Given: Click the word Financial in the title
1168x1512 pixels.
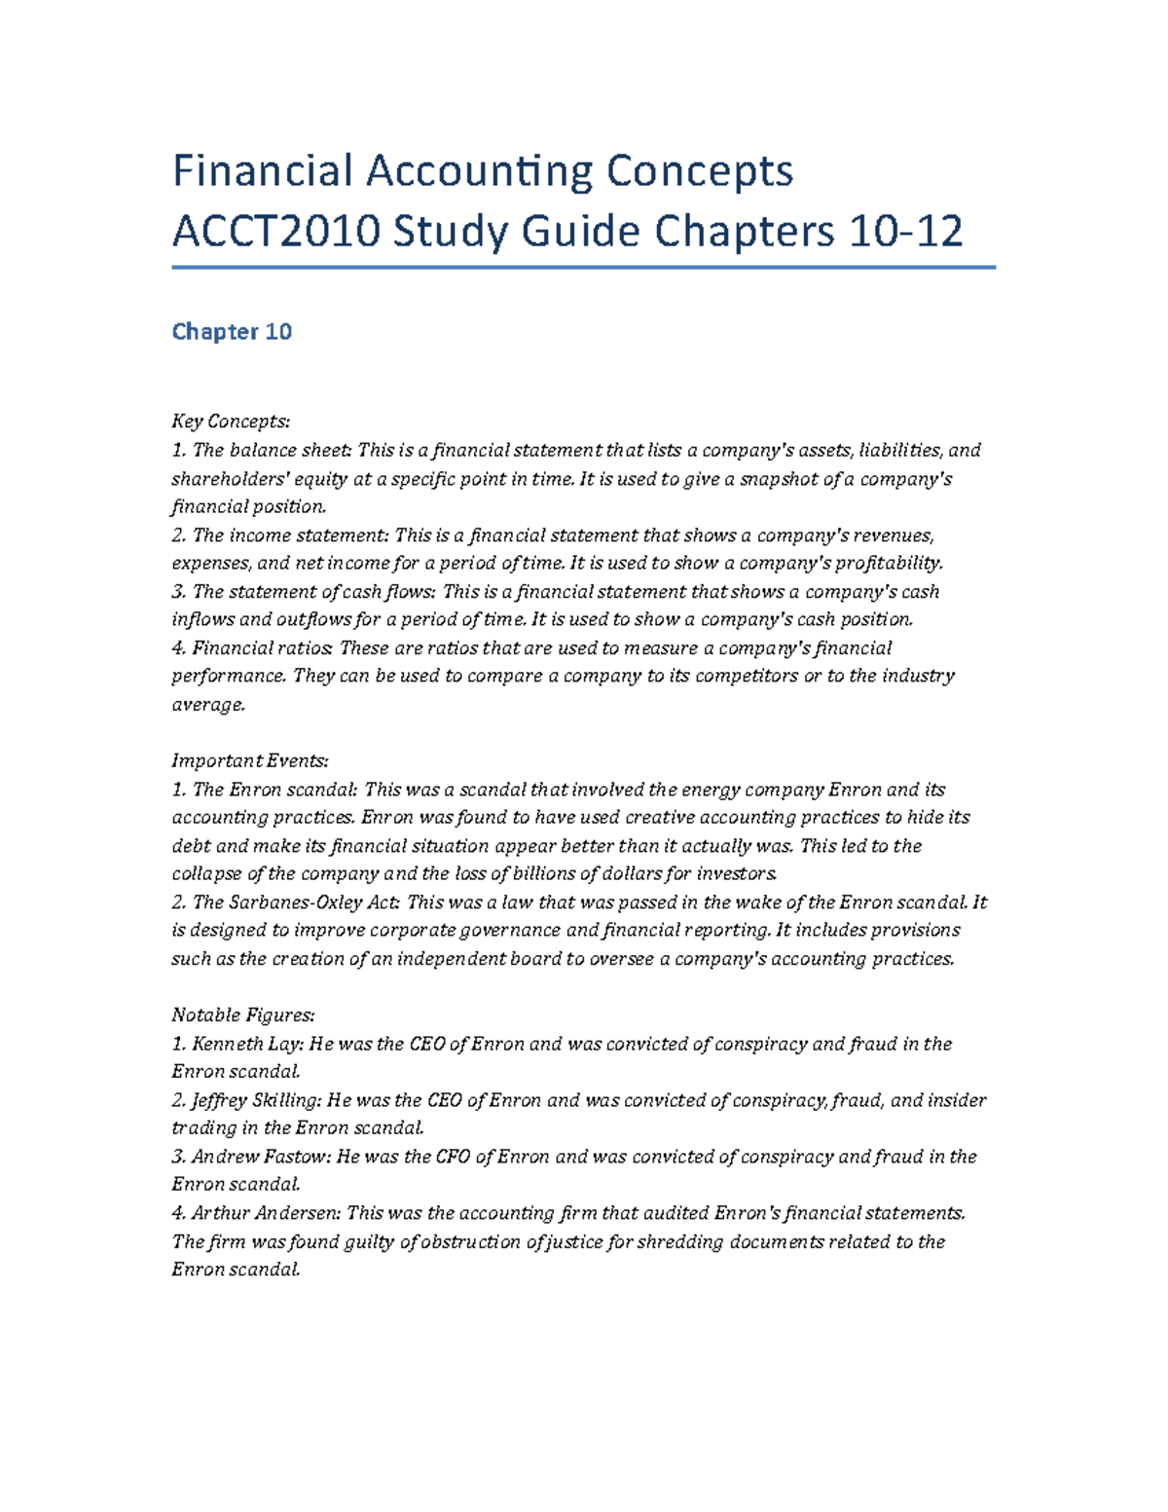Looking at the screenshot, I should click(261, 171).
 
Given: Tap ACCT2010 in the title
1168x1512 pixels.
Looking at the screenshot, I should click(275, 232).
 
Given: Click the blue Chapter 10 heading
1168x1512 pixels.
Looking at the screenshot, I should click(232, 332).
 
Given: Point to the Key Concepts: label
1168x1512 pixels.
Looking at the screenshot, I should click(231, 422).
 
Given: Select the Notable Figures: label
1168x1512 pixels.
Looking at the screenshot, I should click(243, 1015).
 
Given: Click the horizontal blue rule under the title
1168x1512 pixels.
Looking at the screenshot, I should click(584, 267).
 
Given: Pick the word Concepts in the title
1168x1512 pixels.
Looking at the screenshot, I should click(700, 171).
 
